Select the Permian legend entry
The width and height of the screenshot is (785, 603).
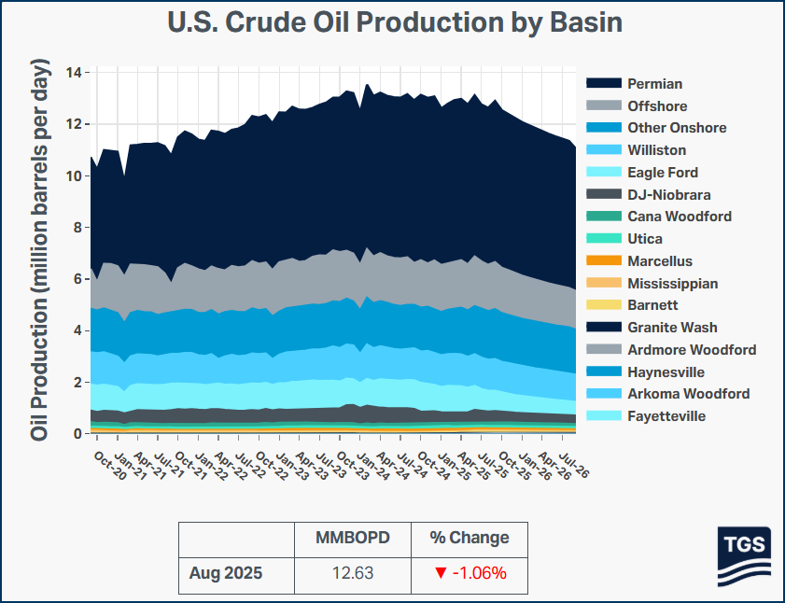coord(654,84)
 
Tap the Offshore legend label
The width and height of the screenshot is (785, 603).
coord(657,106)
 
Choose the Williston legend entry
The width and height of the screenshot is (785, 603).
coord(656,150)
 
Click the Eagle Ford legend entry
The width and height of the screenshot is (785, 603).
coord(663,173)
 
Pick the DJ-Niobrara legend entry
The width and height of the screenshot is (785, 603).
coord(668,195)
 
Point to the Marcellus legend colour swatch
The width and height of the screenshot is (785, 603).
coord(603,261)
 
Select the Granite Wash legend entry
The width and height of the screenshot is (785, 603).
coord(672,328)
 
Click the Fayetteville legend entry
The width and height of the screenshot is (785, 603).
coord(666,416)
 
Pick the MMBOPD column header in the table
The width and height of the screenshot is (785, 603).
coord(352,538)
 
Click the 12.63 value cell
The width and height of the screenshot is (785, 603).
coord(352,573)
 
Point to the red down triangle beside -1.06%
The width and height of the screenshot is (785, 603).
coord(441,573)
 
